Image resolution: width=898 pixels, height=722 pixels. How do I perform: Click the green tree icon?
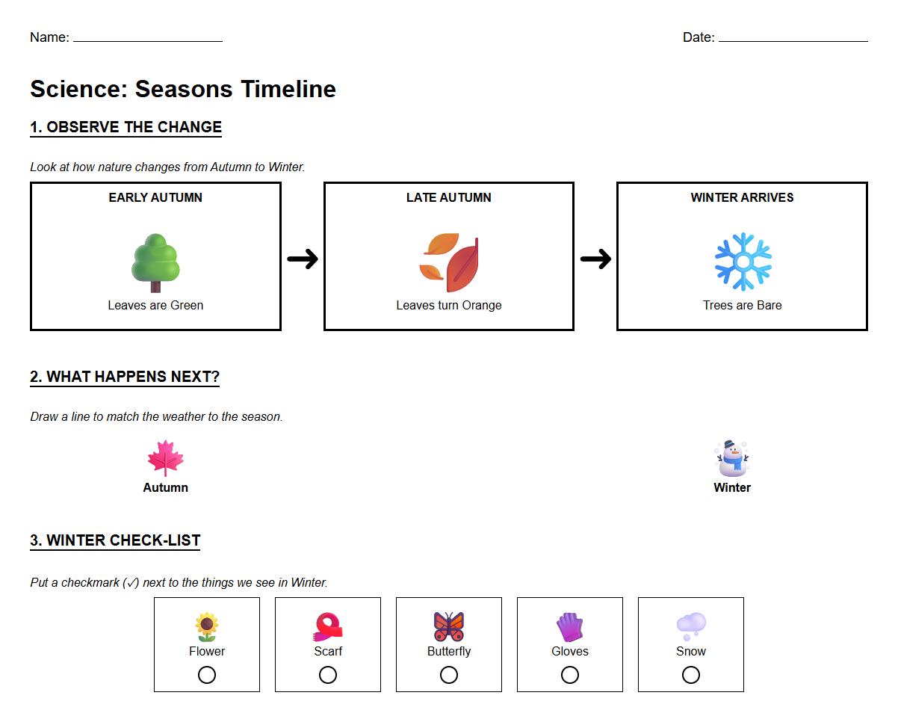click(155, 262)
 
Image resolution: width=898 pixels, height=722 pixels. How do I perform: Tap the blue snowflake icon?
click(743, 262)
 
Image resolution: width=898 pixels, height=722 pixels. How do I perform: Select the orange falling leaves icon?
click(449, 262)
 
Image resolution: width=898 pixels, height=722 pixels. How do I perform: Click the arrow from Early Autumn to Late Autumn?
click(303, 259)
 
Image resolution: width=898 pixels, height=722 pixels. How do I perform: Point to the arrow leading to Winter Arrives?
click(595, 259)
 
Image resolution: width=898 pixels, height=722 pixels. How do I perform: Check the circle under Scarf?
click(328, 675)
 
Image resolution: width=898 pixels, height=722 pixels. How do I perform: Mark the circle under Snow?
click(691, 675)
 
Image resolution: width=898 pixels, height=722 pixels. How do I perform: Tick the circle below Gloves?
click(570, 675)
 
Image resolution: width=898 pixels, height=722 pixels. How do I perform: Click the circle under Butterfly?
click(449, 675)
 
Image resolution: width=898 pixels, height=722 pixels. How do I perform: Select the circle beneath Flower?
click(207, 675)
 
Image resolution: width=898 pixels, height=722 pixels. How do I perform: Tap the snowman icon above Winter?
click(732, 458)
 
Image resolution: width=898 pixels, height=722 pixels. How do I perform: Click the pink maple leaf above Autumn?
click(165, 458)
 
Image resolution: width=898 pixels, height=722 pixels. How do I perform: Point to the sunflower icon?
click(207, 626)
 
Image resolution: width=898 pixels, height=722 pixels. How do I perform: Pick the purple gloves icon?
click(570, 627)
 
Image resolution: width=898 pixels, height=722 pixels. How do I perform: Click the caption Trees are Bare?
click(743, 305)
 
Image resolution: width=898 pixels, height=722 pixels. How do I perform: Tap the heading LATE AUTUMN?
click(449, 197)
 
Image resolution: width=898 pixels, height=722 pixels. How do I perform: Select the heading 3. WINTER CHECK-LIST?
click(115, 540)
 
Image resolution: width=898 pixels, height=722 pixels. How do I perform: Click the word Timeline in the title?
click(288, 89)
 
